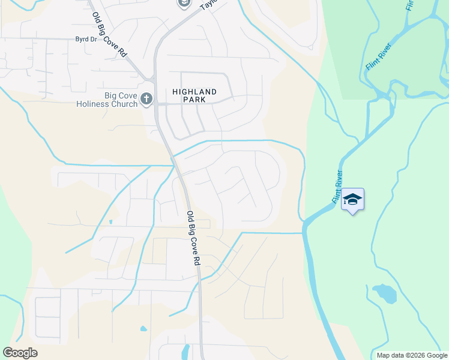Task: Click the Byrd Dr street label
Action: [x=86, y=40]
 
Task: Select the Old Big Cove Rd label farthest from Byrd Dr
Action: [x=192, y=238]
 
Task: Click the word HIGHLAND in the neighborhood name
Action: [x=194, y=92]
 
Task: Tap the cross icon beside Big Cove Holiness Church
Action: [x=147, y=100]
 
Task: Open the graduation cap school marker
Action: [x=352, y=200]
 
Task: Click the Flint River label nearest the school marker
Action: [x=338, y=186]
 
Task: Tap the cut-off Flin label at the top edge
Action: [x=409, y=5]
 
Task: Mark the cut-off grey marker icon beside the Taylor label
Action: [x=184, y=4]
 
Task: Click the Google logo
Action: [x=20, y=353]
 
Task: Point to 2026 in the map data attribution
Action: [x=412, y=355]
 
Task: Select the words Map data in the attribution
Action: [x=389, y=355]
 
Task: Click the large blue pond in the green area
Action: [x=384, y=293]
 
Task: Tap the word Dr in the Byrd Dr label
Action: [x=93, y=40]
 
